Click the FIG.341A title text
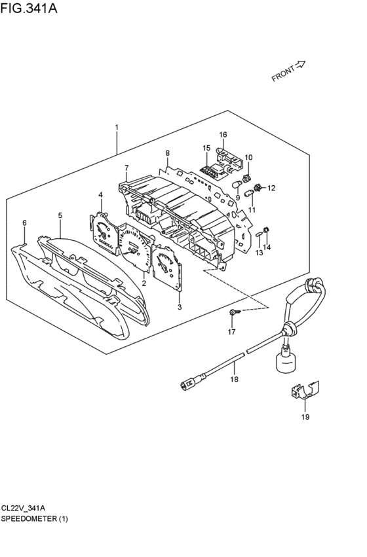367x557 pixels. [29, 8]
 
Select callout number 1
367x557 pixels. [117, 127]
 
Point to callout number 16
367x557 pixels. [223, 135]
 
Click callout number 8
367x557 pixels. [167, 153]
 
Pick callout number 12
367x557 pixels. [271, 188]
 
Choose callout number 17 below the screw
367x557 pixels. [231, 332]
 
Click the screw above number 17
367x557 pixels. [235, 312]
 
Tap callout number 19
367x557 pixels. [305, 417]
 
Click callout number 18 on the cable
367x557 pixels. [234, 380]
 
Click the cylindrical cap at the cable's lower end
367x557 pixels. [286, 361]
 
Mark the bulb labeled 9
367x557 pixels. [237, 184]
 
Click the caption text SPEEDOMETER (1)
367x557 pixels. [34, 518]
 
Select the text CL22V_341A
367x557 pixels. [23, 508]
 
